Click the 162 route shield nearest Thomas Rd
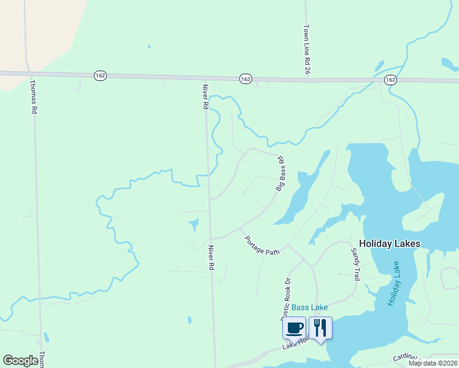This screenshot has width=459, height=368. [101, 75]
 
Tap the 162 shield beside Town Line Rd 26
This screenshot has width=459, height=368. [245, 79]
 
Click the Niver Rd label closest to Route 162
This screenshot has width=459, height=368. [205, 97]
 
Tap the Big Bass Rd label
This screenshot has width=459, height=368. [280, 174]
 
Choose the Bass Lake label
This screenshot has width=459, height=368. [309, 307]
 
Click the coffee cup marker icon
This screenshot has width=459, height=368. [294, 327]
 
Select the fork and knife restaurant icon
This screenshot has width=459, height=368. [320, 327]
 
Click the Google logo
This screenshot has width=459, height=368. [20, 361]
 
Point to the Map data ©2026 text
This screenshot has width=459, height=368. [433, 363]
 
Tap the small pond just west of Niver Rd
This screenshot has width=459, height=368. [194, 224]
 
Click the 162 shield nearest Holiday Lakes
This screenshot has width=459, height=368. [390, 80]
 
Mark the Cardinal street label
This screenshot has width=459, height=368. [406, 358]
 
